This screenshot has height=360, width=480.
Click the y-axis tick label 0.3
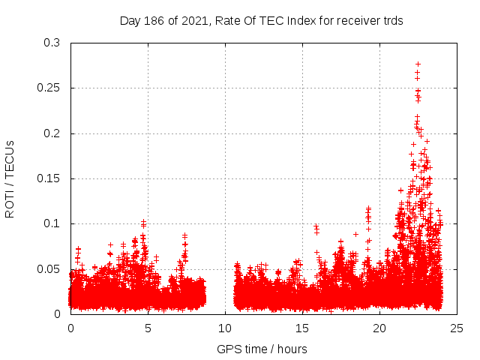point(52,43)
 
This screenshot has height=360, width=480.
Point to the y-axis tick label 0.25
point(49,88)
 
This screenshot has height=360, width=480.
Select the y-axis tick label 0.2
point(52,133)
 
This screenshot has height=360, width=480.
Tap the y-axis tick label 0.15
point(49,178)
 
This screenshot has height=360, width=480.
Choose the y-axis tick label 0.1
point(52,223)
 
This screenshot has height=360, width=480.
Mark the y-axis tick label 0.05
point(49,268)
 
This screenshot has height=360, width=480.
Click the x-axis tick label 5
point(148,328)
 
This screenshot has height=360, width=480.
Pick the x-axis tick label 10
point(225,328)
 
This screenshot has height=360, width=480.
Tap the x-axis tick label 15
point(302,328)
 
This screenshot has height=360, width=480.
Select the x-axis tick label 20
point(379,328)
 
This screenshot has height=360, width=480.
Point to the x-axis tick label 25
point(457,328)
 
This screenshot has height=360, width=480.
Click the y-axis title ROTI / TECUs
point(10,178)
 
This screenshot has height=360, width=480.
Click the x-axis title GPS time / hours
point(262,349)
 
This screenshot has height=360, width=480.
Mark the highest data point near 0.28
point(418,64)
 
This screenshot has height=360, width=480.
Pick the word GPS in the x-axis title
point(228,349)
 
